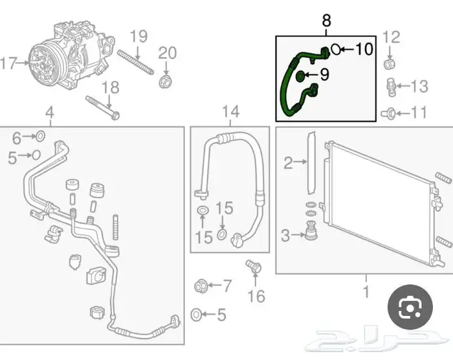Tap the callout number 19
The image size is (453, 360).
[x=139, y=37]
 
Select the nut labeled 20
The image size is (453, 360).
[x=166, y=82]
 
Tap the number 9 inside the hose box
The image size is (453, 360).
[x=324, y=75]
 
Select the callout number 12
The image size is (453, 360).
[x=392, y=37]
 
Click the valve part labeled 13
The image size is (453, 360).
[x=390, y=85]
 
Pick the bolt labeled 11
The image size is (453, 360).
[x=390, y=113]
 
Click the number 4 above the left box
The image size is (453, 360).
[x=49, y=114]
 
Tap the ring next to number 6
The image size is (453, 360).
[x=39, y=136]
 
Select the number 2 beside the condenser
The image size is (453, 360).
[x=288, y=163]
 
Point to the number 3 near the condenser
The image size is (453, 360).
[x=285, y=236]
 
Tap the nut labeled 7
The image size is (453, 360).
[x=200, y=285]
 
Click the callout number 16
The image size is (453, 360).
[x=256, y=296]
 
